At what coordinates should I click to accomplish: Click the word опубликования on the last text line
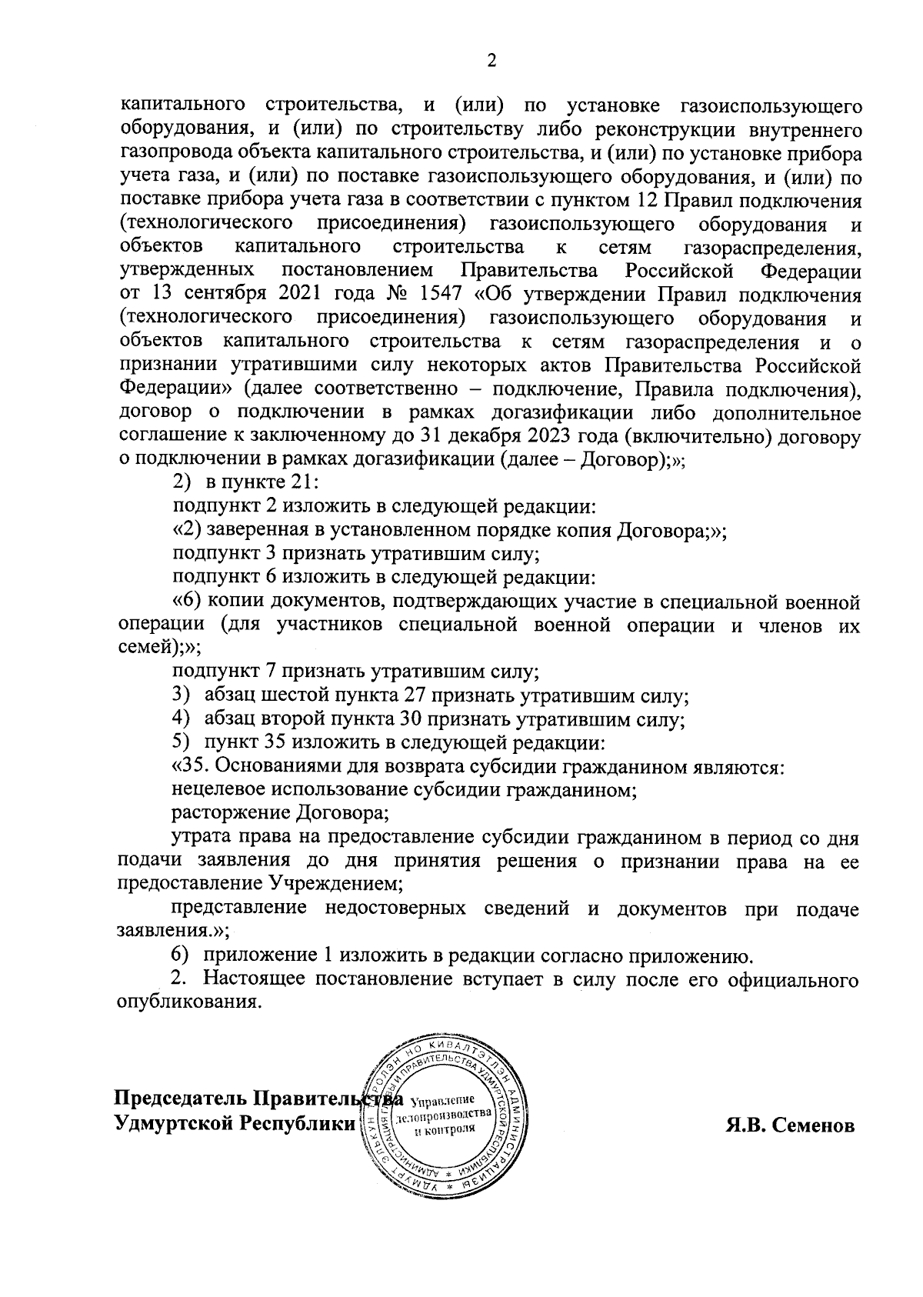(x=186, y=1004)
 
